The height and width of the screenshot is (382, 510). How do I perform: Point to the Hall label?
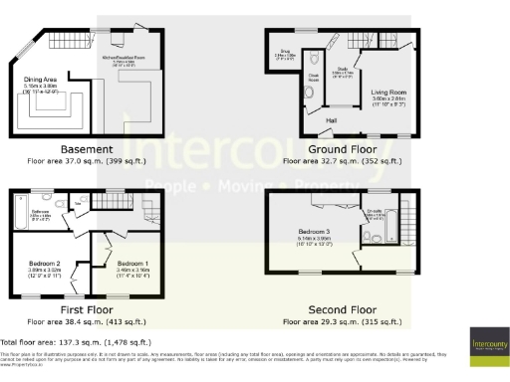331,118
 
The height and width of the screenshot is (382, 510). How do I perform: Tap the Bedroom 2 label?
46,265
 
